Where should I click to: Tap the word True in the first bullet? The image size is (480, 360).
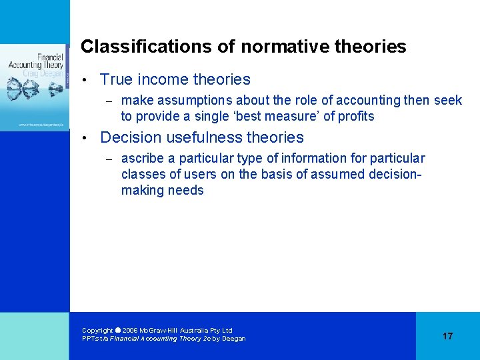(116, 80)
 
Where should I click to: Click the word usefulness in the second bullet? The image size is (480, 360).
(203, 138)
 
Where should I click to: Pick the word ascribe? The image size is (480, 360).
(141, 159)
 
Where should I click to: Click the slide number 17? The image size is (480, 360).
(447, 336)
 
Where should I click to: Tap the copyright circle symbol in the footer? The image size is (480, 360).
(117, 330)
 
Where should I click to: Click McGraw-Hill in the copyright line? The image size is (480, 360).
(160, 331)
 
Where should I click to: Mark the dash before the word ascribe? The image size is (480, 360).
(111, 159)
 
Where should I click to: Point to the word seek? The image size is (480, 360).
(448, 101)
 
